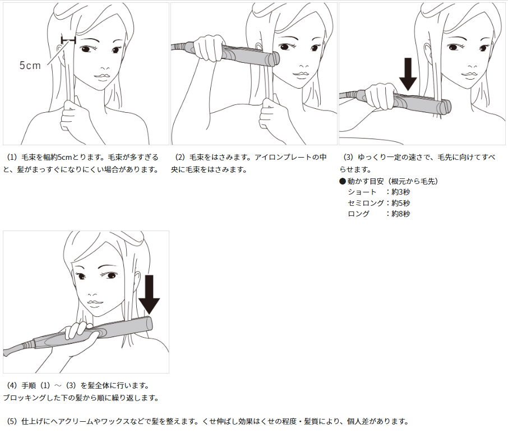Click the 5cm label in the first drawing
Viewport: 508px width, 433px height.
30,66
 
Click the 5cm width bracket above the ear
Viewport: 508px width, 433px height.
68,40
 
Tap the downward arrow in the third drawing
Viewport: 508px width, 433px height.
408,74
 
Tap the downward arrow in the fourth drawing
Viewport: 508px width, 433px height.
149,294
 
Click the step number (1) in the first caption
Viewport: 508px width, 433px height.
12,157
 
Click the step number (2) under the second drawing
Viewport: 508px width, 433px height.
180,157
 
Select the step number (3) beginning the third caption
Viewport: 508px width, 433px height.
348,157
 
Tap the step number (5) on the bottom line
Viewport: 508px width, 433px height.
12,421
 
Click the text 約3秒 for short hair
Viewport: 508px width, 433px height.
401,192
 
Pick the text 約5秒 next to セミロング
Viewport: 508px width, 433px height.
401,203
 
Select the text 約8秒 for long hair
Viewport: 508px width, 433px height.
401,214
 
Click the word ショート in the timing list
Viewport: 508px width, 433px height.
362,192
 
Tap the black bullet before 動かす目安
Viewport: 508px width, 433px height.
343,181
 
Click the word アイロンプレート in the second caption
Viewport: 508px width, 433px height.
283,157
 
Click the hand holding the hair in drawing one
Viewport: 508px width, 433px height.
74,116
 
